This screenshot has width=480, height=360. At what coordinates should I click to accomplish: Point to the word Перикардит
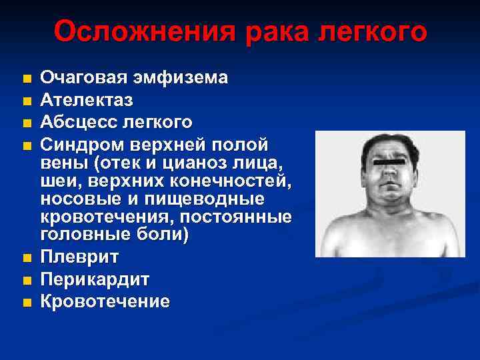tap(95, 279)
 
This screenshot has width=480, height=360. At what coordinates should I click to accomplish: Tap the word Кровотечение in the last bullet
tap(105, 301)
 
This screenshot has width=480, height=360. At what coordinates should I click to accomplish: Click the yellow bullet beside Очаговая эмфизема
tap(26, 79)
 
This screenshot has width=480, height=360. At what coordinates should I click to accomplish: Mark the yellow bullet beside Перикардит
tap(26, 280)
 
